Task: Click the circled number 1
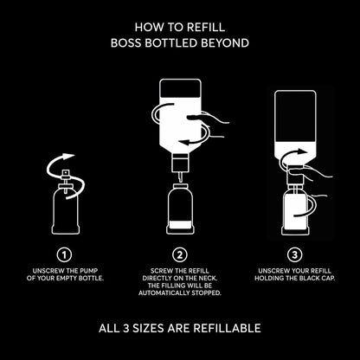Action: click(x=64, y=255)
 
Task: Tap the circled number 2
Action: click(x=180, y=255)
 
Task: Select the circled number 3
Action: click(x=294, y=255)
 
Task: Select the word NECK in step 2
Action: click(x=207, y=279)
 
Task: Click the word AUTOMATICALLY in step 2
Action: click(x=164, y=293)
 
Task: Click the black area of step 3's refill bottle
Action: click(x=295, y=117)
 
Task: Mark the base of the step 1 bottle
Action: click(x=66, y=230)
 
